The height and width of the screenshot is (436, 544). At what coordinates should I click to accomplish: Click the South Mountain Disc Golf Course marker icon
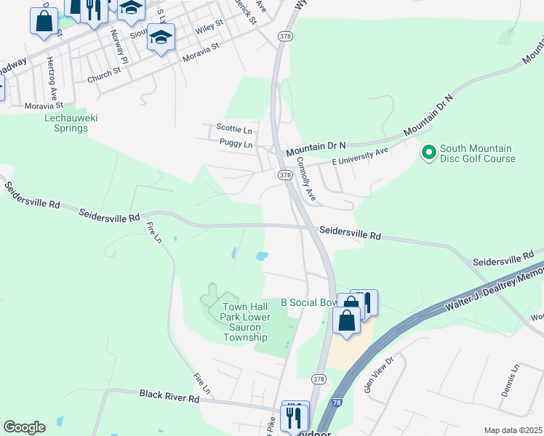point(428,153)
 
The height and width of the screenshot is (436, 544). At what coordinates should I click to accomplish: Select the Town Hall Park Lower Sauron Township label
point(246,322)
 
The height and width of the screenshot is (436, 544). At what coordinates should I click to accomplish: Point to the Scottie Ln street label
point(233,130)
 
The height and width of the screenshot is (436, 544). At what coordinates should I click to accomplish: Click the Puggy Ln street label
point(236,145)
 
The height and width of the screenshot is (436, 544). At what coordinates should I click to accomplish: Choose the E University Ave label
point(360,156)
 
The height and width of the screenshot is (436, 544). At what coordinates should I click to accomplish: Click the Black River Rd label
point(169,397)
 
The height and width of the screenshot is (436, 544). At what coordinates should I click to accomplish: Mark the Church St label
point(103,75)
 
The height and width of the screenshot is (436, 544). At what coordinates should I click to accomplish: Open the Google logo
point(24,427)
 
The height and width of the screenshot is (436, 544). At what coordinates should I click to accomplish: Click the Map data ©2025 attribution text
point(513,430)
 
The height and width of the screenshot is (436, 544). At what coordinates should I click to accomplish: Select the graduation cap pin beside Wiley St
point(161,37)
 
